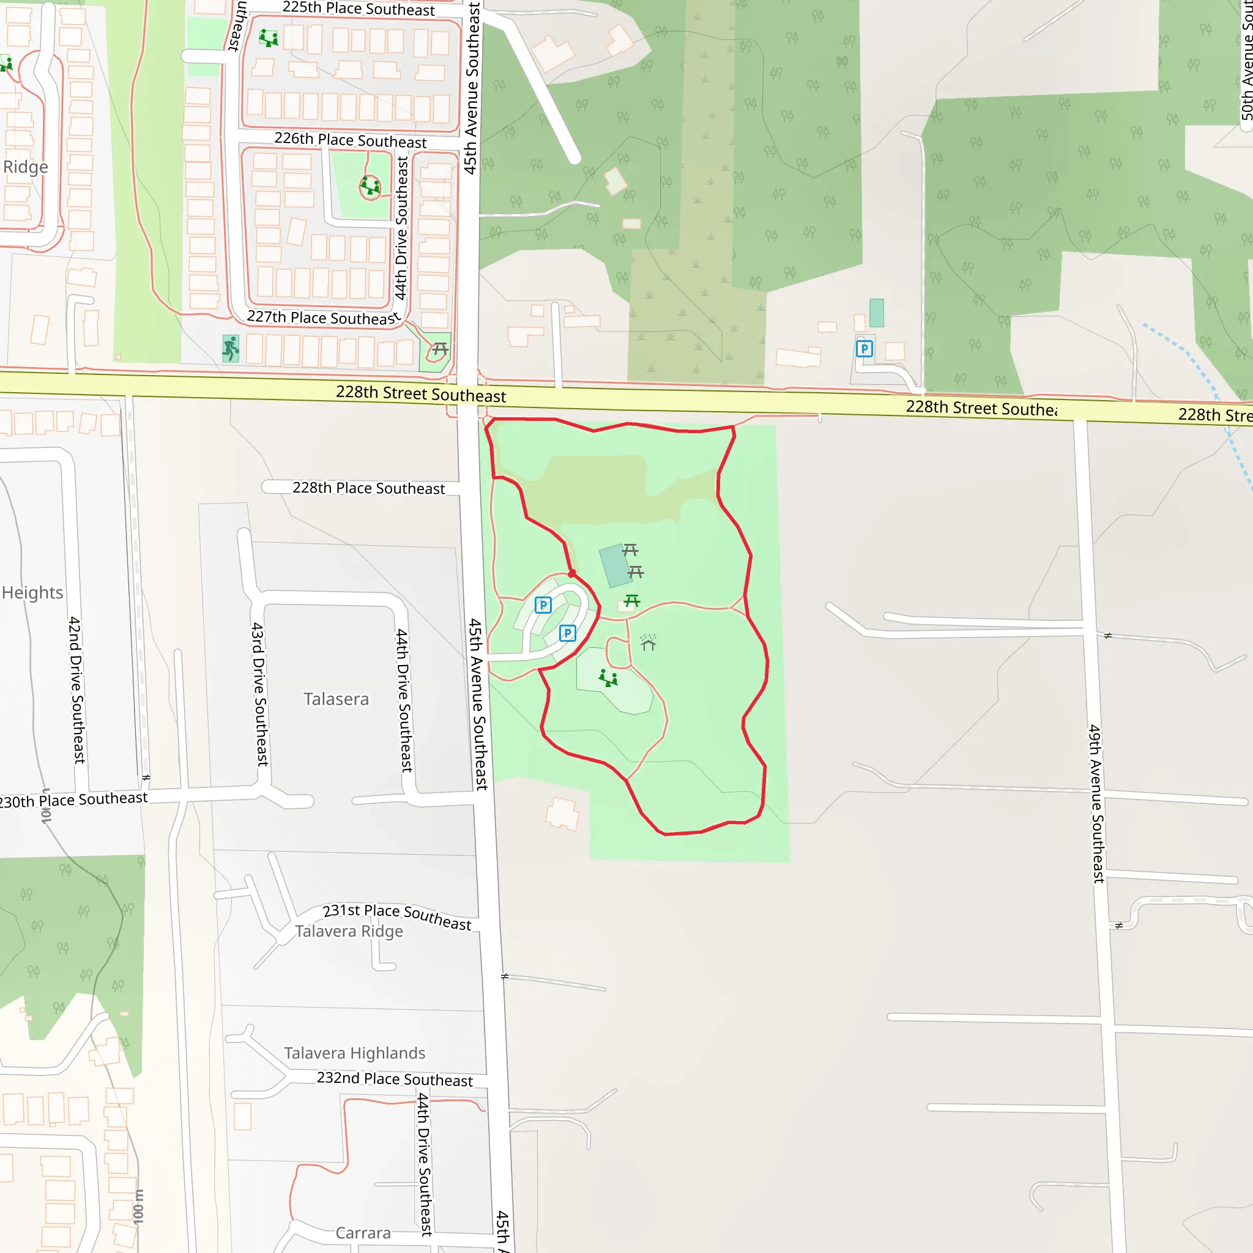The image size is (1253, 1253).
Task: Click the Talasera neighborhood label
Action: point(336,699)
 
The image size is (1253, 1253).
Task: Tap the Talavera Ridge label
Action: point(349,931)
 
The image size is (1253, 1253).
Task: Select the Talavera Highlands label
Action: point(355,1054)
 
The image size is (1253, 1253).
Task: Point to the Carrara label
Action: point(363,1233)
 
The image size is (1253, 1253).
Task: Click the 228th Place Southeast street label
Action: point(368,488)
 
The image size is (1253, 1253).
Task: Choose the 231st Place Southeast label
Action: point(397,917)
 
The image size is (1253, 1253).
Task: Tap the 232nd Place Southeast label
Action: point(395,1079)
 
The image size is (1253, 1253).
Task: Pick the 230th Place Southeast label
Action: point(73,800)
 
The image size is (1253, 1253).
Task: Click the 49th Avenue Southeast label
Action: point(1096,803)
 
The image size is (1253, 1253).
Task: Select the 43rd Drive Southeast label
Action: point(259,694)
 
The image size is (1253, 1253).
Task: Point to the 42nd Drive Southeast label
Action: point(76,690)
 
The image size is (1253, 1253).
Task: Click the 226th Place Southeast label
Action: point(350,140)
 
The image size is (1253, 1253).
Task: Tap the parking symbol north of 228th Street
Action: point(864,349)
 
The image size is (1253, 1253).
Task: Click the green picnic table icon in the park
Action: point(631,601)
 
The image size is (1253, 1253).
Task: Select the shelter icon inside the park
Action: point(648,643)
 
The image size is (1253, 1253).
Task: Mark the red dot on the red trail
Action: point(571,574)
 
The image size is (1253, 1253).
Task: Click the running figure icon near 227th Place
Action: point(231,348)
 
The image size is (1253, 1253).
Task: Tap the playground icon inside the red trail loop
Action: point(608,679)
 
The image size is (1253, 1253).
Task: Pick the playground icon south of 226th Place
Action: point(370,186)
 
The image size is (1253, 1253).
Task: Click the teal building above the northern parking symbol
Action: point(876,313)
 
